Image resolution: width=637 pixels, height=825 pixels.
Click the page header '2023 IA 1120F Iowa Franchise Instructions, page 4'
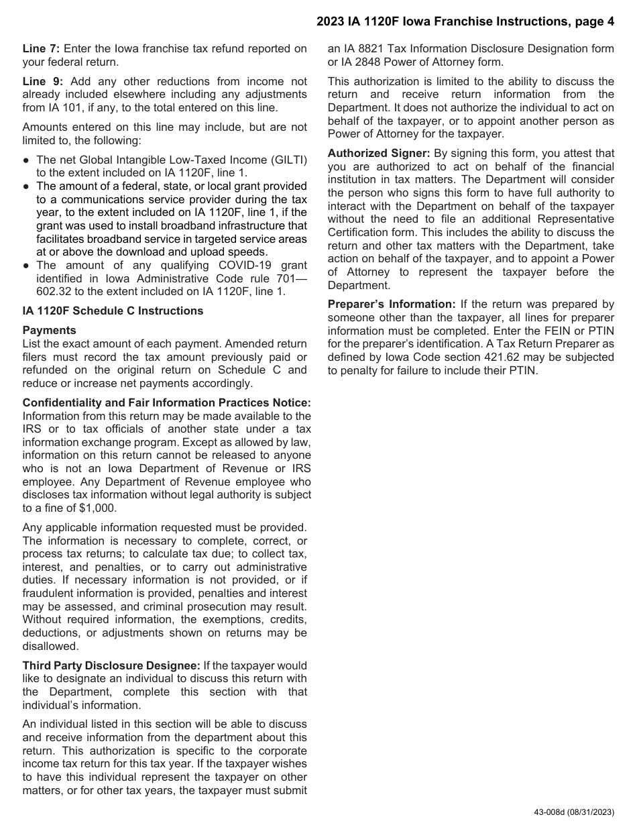click(465, 22)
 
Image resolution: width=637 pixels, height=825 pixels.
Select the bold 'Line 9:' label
click(42, 82)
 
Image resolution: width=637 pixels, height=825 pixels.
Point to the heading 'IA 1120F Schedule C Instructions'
click(113, 311)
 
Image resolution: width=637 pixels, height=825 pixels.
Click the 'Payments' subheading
click(50, 331)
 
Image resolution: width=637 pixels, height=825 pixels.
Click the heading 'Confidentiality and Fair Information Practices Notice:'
click(167, 403)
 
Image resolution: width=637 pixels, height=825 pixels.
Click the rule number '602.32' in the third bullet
click(53, 292)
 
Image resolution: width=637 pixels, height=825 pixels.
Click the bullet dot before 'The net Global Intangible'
click(26, 160)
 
